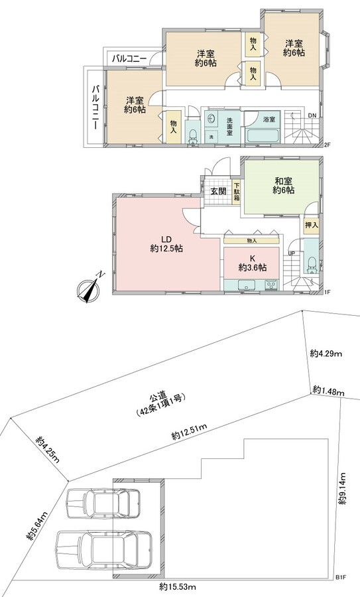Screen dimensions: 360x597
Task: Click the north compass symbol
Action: tap(89, 289)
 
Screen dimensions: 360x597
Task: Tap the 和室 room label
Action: tap(283, 184)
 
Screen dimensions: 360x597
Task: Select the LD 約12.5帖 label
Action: tap(166, 244)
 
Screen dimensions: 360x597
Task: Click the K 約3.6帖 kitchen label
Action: tap(252, 263)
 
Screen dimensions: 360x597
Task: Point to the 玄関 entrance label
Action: tap(218, 191)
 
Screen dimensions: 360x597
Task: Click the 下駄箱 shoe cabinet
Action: tap(237, 192)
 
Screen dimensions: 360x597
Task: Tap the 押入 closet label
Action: tap(312, 225)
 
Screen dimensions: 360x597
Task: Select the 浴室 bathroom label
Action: tap(269, 119)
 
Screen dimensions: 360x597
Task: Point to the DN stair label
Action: tap(312, 115)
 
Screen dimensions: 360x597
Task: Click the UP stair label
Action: tap(292, 253)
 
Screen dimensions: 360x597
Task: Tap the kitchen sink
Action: tap(247, 285)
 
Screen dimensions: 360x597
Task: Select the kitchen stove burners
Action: tap(272, 285)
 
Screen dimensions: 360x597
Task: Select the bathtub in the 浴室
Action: tap(263, 136)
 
